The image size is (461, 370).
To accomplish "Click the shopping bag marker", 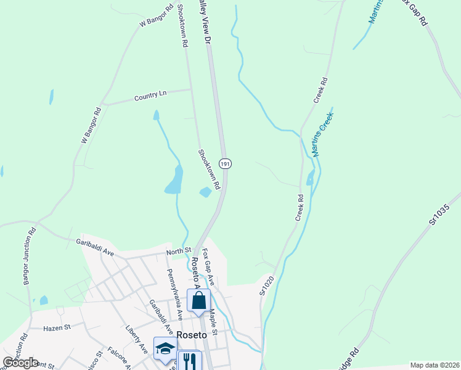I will [198, 302].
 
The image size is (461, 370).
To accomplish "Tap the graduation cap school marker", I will [165, 349].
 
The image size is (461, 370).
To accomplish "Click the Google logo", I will [21, 363].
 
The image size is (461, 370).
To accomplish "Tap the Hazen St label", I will [57, 328].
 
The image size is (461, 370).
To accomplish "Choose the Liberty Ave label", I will [136, 339].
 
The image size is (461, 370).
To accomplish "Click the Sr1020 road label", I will [266, 285].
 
